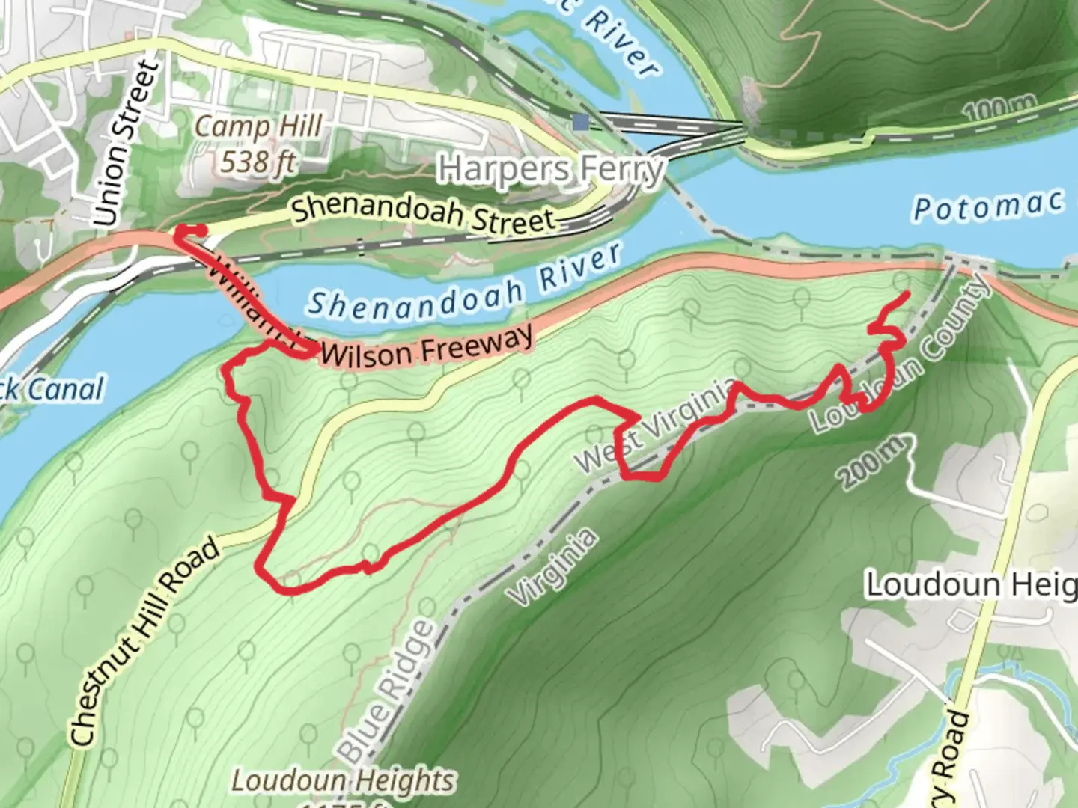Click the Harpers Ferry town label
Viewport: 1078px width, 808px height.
coord(551,169)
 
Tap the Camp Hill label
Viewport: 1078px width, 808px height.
coord(258,127)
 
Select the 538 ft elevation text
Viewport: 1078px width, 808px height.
coord(257,160)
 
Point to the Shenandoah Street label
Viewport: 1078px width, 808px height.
coord(424,211)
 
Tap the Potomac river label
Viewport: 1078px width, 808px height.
coord(988,205)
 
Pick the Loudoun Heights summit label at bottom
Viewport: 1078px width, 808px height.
coord(343,781)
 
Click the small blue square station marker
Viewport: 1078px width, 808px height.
coord(580,121)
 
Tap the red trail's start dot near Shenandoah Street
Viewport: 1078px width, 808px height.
coord(182,231)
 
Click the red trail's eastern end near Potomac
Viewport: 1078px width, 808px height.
coord(907,293)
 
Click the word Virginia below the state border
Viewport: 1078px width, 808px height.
coord(554,566)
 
